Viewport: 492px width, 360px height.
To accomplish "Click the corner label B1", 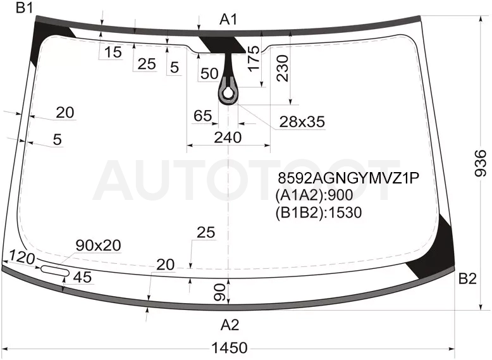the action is [x=24, y=8].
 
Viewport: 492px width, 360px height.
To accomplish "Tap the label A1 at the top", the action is [x=228, y=20].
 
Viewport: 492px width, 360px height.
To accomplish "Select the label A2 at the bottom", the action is [x=230, y=325].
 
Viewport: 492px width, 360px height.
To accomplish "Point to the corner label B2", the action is [x=467, y=278].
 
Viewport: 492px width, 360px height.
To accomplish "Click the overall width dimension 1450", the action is [x=230, y=347].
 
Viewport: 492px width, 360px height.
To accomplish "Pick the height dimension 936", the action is [x=480, y=163].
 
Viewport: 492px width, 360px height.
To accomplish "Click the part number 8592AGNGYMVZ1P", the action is [x=348, y=178].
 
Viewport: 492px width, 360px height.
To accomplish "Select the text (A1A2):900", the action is [x=314, y=196].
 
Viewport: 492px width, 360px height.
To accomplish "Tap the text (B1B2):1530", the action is [x=319, y=213].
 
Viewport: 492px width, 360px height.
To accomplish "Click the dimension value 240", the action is [x=228, y=137].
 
